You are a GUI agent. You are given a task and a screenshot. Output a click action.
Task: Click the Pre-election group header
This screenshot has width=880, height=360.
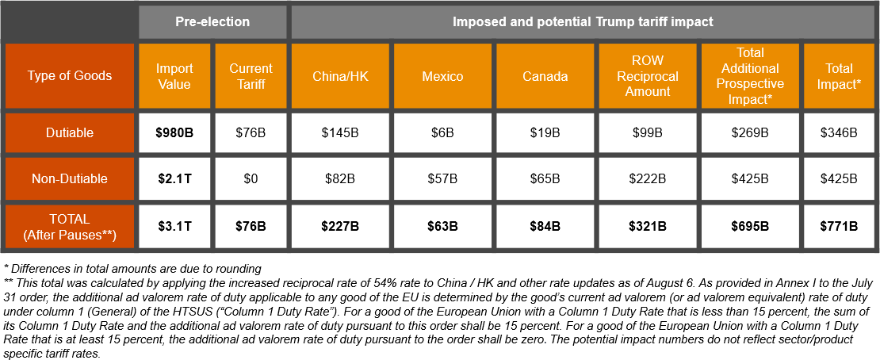coord(212,21)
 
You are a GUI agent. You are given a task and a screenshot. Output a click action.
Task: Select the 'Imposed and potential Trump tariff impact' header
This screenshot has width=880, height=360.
coord(583,21)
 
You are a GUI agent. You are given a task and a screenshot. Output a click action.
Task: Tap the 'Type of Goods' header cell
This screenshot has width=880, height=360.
coord(70,76)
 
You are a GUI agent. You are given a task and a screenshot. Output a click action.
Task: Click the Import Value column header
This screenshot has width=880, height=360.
coord(174,76)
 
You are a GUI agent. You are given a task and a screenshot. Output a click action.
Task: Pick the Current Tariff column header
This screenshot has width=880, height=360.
coord(251,76)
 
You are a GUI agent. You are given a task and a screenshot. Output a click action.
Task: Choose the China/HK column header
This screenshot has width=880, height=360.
coord(340,76)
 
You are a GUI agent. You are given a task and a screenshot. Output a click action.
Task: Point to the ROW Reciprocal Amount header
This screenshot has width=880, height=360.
coord(648,76)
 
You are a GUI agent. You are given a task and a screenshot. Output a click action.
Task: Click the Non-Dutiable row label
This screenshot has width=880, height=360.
coord(70,179)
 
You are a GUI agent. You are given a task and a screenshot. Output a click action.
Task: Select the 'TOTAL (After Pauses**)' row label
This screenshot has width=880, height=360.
coord(70,226)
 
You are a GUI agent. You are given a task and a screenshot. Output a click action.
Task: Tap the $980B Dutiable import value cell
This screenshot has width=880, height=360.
coord(174,132)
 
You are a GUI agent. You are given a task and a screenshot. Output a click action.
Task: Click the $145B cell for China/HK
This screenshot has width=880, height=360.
coord(340,132)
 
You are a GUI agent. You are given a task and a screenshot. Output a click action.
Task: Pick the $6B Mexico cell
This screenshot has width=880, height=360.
coord(442,132)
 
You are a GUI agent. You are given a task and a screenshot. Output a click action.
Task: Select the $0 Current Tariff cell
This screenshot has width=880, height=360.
coord(251,179)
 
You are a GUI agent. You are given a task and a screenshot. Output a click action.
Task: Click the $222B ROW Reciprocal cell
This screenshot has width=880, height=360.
coord(648,179)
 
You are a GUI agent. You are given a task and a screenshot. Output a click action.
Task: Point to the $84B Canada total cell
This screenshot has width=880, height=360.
coord(545,226)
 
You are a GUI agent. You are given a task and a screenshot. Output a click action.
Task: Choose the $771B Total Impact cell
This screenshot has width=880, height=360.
coord(839,226)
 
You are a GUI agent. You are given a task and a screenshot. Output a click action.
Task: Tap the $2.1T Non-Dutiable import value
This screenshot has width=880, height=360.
coord(174,179)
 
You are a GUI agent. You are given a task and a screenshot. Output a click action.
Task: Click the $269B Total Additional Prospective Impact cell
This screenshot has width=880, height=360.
coord(750,132)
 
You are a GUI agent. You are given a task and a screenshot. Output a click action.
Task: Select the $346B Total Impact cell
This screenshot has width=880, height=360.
coord(839,132)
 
